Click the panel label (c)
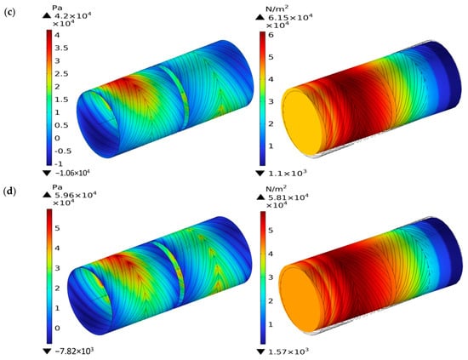pos(10,13)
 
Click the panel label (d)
pos(10,191)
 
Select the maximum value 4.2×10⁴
pos(71,15)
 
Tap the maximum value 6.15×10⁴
pos(289,18)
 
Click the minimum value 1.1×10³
pos(287,173)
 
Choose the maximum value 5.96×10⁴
pos(75,195)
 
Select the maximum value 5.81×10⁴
pos(287,197)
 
